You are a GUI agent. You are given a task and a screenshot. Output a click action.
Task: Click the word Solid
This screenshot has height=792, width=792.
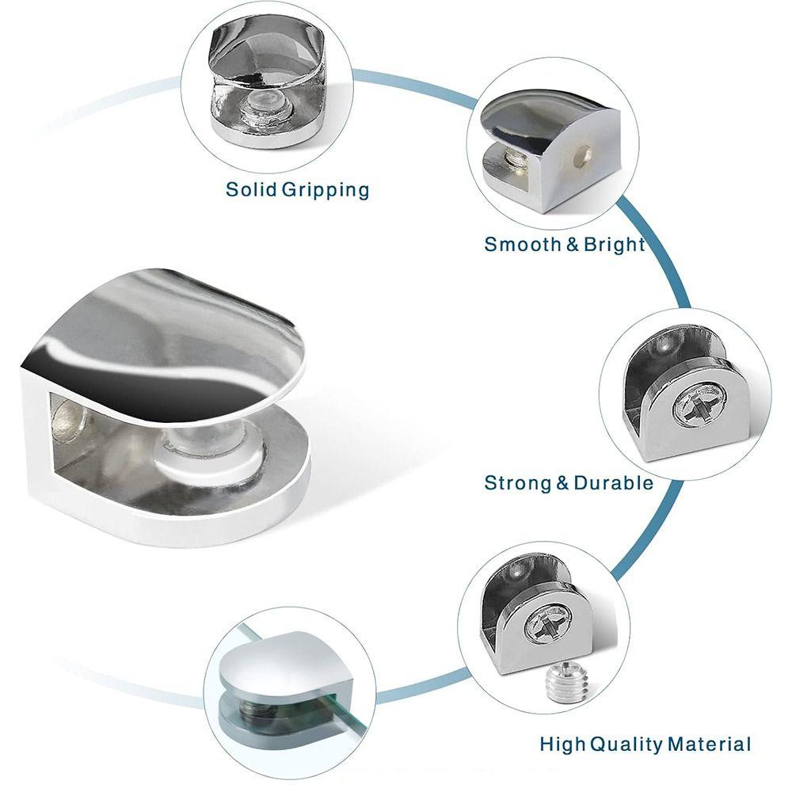(252, 189)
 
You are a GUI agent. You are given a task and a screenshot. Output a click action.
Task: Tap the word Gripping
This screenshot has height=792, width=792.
(326, 191)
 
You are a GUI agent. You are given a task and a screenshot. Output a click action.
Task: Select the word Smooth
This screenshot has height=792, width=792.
(523, 244)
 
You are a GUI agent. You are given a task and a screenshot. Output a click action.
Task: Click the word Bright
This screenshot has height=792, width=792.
(615, 245)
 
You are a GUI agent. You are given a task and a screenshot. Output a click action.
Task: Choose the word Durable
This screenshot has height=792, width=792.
(614, 483)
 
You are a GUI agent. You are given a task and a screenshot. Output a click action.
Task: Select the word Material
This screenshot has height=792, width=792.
(710, 744)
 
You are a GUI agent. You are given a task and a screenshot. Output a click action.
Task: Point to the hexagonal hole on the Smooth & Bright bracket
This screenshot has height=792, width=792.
(582, 155)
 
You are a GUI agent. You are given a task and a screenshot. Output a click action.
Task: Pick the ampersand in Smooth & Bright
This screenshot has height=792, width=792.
(573, 245)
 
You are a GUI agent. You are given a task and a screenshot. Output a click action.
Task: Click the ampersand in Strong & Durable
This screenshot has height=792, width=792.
(562, 483)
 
